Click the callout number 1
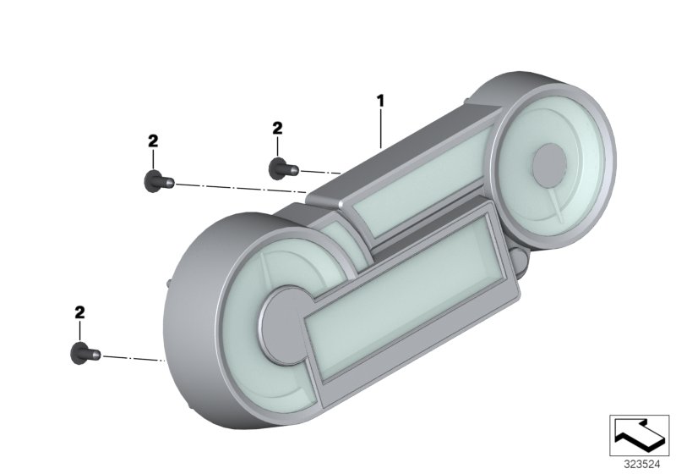point(379,102)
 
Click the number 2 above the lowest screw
point(79,312)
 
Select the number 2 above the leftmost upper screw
point(153,141)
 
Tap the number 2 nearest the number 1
point(277,128)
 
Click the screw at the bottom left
point(85,354)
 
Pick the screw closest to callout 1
point(283,168)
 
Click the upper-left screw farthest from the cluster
point(158,181)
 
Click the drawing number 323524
point(642,465)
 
